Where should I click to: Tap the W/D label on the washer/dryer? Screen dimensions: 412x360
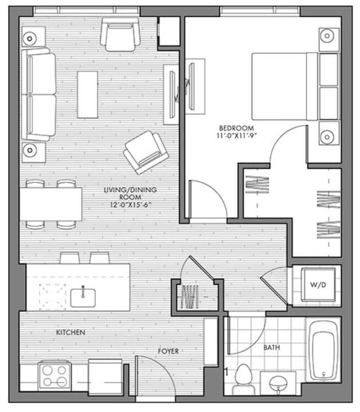[317, 285]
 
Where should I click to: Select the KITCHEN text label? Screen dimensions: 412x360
[71, 332]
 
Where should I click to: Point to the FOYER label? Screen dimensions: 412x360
[169, 351]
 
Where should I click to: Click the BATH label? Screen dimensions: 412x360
[272, 347]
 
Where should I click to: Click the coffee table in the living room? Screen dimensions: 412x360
[88, 94]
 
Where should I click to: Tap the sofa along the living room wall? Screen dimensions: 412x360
[40, 95]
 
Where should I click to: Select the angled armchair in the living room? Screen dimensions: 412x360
[146, 151]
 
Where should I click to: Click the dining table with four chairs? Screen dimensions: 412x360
[52, 204]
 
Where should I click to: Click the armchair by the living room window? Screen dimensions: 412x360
[120, 34]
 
